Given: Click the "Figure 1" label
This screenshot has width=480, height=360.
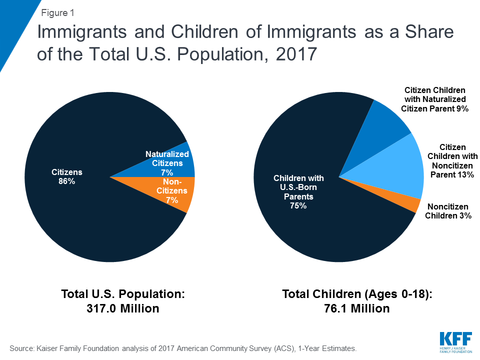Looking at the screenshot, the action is click(57, 13).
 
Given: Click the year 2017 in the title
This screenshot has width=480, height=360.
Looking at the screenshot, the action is click(296, 54).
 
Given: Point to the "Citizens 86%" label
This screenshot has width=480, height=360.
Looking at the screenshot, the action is click(66, 176).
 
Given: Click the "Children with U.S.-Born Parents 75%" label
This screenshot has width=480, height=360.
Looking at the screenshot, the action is click(298, 192).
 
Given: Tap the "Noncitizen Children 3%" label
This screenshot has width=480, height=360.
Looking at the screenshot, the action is click(448, 211).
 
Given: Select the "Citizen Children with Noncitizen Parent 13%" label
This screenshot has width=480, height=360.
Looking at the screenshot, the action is click(452, 161).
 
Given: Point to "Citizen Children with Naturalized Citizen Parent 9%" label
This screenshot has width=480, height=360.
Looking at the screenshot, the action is click(434, 99).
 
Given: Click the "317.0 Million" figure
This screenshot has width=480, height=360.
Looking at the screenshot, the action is click(123, 308).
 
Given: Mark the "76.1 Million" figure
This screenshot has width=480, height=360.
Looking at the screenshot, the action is click(357, 308).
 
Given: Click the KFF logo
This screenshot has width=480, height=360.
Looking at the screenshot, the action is click(456, 342).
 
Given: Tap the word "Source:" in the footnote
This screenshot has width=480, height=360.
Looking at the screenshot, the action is click(21, 348).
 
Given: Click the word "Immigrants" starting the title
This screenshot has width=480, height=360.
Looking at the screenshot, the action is click(81, 32).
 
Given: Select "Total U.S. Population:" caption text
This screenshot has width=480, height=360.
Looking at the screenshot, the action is click(123, 294).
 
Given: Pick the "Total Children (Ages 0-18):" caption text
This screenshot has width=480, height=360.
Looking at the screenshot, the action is click(357, 294).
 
